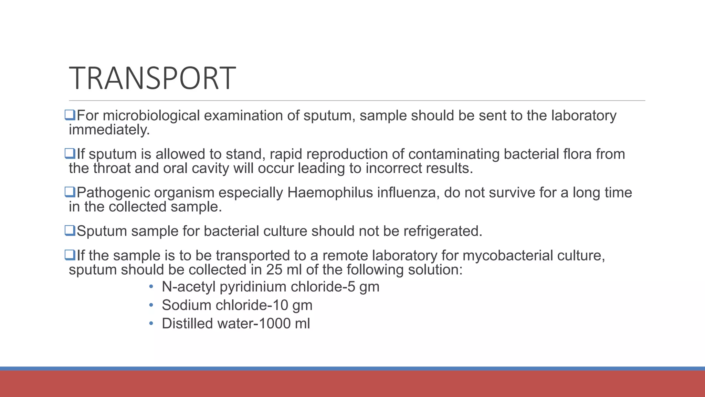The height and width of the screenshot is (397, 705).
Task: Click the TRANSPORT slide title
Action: (152, 79)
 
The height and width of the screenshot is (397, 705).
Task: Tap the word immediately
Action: (109, 130)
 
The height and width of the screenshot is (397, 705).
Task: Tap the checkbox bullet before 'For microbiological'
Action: (70, 115)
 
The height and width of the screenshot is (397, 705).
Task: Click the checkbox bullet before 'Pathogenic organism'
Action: (70, 192)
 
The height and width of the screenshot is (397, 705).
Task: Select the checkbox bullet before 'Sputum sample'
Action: (70, 231)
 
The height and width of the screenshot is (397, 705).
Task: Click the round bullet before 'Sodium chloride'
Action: (151, 305)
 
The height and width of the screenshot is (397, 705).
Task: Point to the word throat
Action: (112, 169)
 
